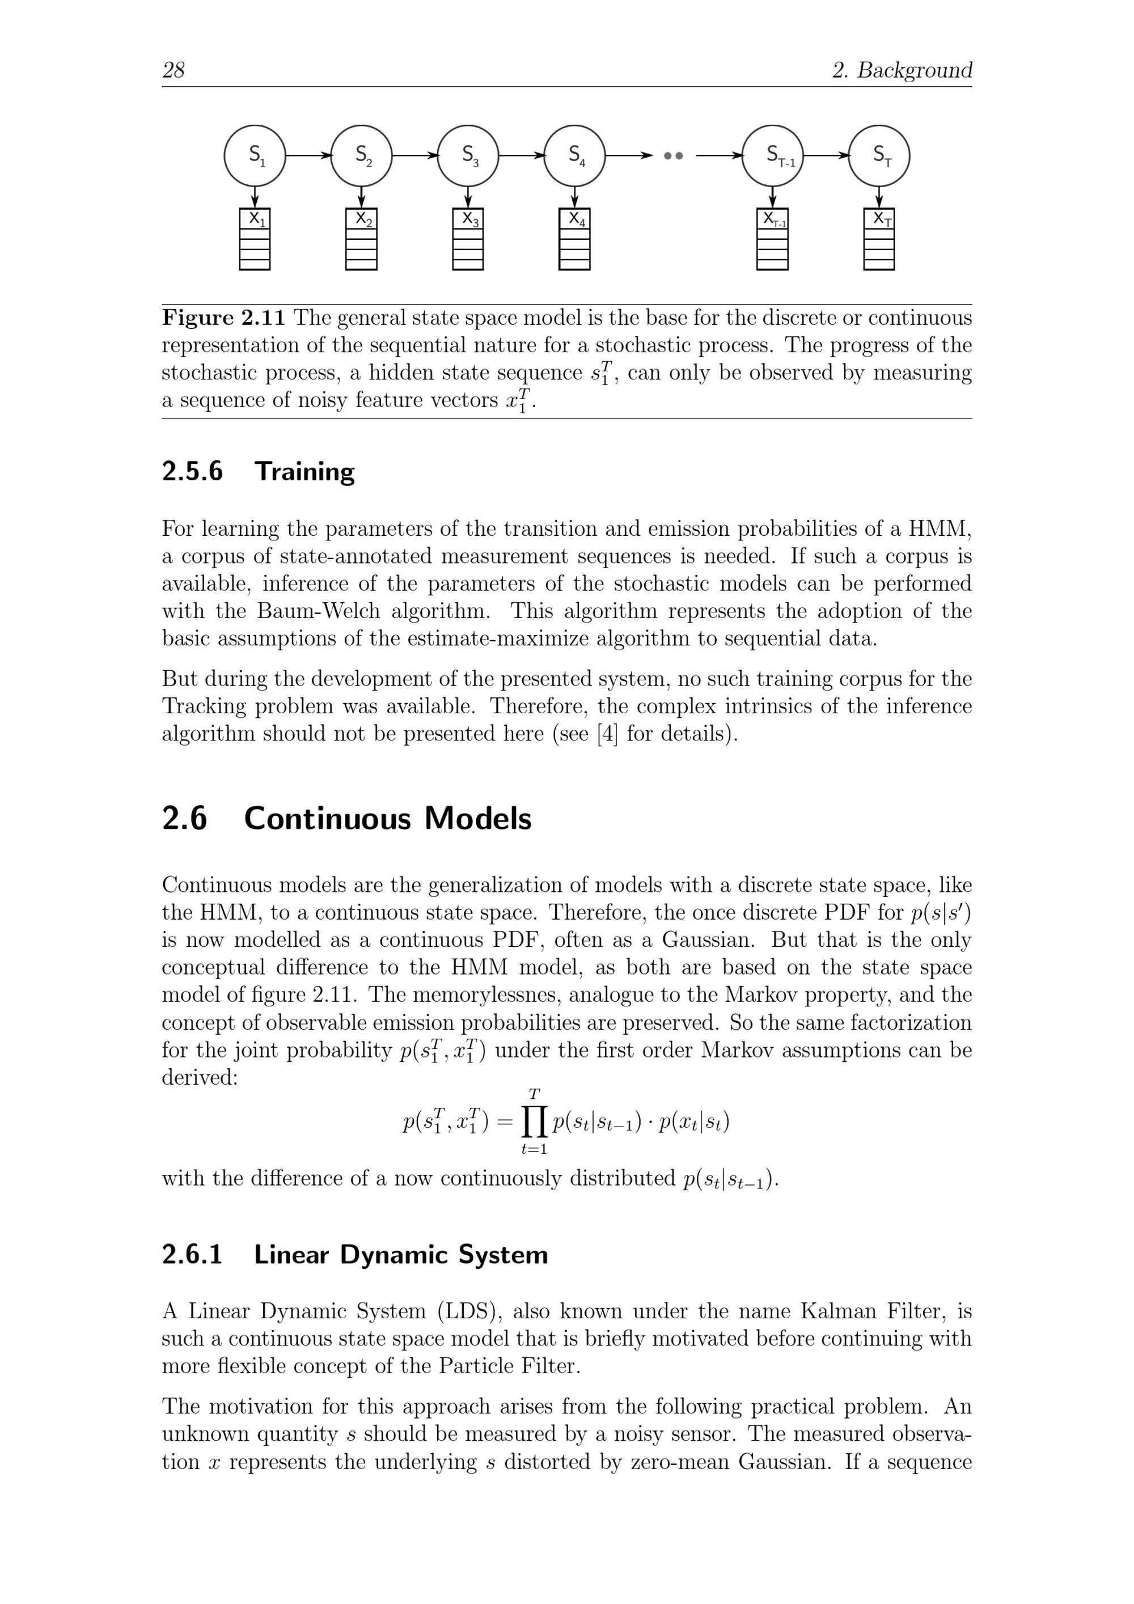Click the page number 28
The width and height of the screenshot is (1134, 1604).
[174, 70]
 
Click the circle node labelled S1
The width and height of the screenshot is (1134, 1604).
[255, 156]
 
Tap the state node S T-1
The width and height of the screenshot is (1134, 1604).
[773, 156]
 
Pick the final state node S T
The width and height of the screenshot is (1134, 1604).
[879, 156]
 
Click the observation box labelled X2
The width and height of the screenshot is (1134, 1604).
[361, 239]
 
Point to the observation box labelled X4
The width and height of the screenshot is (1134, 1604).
[574, 239]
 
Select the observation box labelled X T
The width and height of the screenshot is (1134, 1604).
[879, 239]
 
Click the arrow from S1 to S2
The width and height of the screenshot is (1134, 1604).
[308, 156]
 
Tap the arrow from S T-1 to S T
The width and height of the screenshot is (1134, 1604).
[826, 156]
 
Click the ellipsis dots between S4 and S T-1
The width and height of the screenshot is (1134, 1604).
[673, 156]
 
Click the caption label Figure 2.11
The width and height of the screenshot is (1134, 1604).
[223, 319]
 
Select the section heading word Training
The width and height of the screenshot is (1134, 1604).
[304, 472]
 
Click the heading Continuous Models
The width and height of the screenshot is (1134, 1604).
[387, 819]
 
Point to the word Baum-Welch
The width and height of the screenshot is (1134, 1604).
[318, 611]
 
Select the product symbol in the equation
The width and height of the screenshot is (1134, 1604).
[534, 1123]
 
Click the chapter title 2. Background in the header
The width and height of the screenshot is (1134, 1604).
[902, 70]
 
